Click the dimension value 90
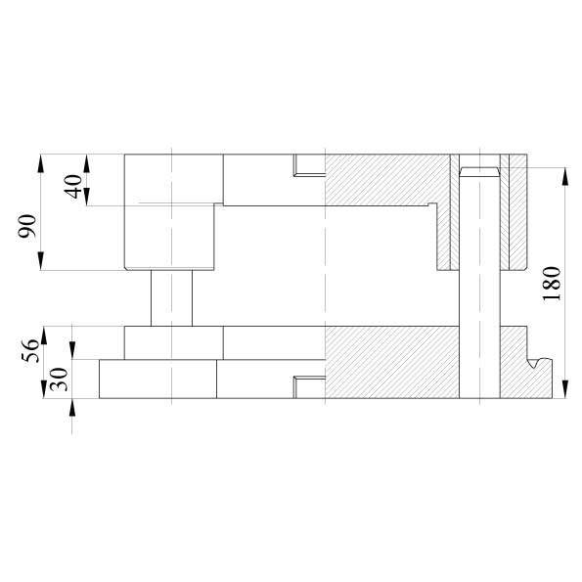click(x=27, y=226)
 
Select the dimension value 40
click(x=73, y=186)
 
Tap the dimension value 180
click(x=552, y=284)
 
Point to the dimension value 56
click(x=30, y=350)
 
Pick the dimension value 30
click(x=59, y=380)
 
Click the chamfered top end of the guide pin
click(x=479, y=171)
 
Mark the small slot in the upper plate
click(x=309, y=164)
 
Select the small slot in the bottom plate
click(x=309, y=387)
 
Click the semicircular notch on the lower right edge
click(x=538, y=362)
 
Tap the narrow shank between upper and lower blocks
click(x=171, y=298)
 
